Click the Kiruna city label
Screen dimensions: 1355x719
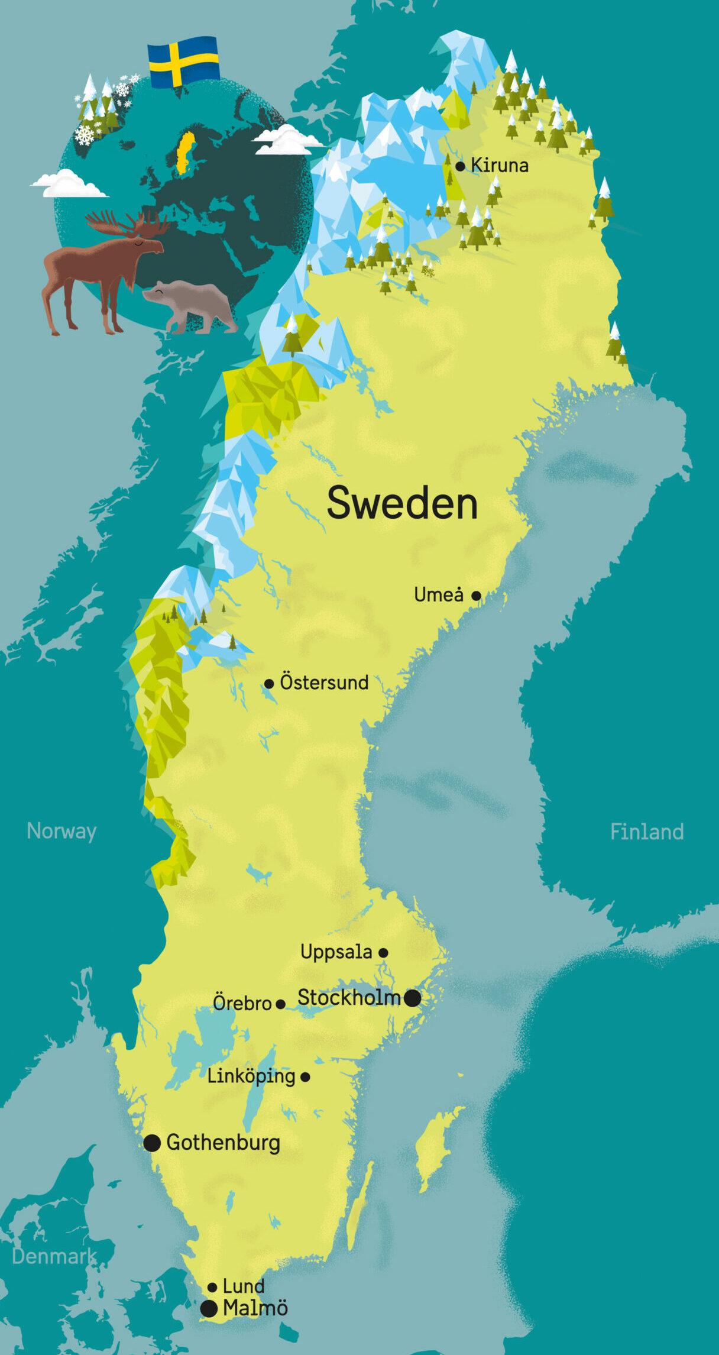[499, 165]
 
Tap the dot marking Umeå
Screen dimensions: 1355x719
[476, 596]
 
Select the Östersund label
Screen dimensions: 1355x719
[324, 683]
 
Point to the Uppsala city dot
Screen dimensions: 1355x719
[383, 953]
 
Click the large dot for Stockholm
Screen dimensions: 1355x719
[413, 998]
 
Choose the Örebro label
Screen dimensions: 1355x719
[242, 1004]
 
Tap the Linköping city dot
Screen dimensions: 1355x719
[305, 1077]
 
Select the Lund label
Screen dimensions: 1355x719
[243, 1286]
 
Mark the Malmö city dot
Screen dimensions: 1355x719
[209, 1308]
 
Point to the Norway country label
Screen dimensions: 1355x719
[61, 831]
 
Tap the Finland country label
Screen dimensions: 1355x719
[647, 832]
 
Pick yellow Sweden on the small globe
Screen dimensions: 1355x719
[186, 151]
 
